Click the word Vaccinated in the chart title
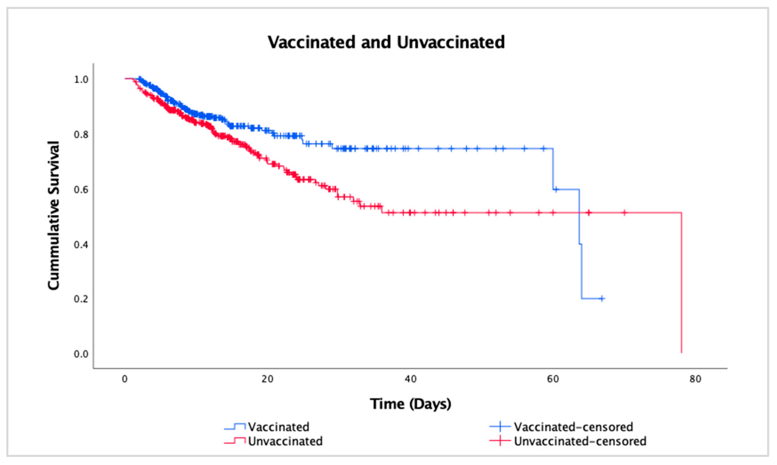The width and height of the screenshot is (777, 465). [311, 42]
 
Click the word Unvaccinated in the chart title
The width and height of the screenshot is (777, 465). [451, 42]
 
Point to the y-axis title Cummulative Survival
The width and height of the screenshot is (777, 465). [54, 216]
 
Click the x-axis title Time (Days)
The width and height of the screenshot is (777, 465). [410, 404]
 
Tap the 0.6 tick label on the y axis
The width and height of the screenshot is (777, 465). [81, 190]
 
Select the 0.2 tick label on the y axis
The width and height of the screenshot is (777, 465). [81, 299]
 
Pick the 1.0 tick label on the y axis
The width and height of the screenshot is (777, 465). [81, 80]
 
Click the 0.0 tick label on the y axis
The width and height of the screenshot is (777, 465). [81, 354]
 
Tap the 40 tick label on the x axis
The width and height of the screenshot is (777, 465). [410, 379]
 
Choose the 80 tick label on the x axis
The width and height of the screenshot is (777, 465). [695, 379]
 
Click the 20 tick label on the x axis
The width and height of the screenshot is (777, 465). [267, 379]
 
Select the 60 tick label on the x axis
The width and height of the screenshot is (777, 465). [553, 379]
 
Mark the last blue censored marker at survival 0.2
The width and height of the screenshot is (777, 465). [601, 299]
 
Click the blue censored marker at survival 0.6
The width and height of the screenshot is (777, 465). [556, 189]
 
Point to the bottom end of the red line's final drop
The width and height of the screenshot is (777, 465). [681, 353]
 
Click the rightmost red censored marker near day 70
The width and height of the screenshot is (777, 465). [624, 213]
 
